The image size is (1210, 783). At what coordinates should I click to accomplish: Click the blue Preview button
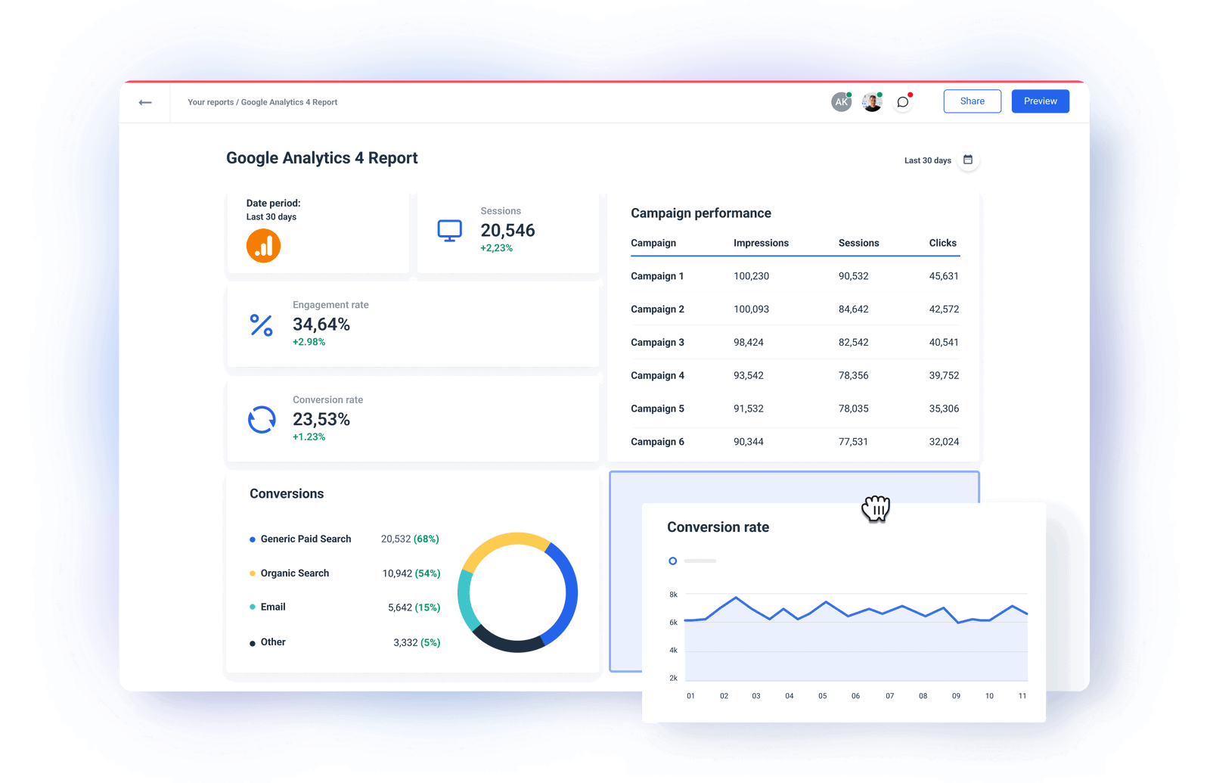pyautogui.click(x=1040, y=101)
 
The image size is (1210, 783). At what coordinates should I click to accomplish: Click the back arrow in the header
pyautogui.click(x=145, y=102)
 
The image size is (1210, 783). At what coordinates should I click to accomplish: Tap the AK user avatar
pyautogui.click(x=841, y=102)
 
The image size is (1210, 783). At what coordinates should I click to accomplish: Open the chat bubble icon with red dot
pyautogui.click(x=903, y=102)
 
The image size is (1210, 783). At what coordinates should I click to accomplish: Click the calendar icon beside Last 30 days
pyautogui.click(x=968, y=160)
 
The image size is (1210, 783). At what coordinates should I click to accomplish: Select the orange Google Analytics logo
pyautogui.click(x=263, y=246)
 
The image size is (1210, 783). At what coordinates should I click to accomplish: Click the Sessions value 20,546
pyautogui.click(x=507, y=230)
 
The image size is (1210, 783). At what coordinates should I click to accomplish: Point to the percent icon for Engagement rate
pyautogui.click(x=262, y=325)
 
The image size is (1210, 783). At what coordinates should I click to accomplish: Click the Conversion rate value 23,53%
pyautogui.click(x=321, y=419)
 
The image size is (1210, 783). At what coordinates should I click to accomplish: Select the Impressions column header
pyautogui.click(x=761, y=243)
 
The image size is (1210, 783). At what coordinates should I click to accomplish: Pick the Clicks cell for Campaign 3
pyautogui.click(x=944, y=343)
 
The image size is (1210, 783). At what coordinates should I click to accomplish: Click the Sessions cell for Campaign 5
pyautogui.click(x=853, y=409)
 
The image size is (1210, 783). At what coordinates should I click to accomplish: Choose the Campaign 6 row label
pyautogui.click(x=657, y=442)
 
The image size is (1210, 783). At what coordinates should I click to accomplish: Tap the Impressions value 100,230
pyautogui.click(x=751, y=276)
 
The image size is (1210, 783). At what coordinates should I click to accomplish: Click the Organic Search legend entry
pyautogui.click(x=295, y=573)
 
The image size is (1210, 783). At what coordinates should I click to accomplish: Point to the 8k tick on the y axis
pyautogui.click(x=673, y=595)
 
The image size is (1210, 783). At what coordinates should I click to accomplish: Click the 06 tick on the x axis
pyautogui.click(x=855, y=696)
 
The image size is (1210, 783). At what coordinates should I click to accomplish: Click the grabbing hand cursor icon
pyautogui.click(x=876, y=508)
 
